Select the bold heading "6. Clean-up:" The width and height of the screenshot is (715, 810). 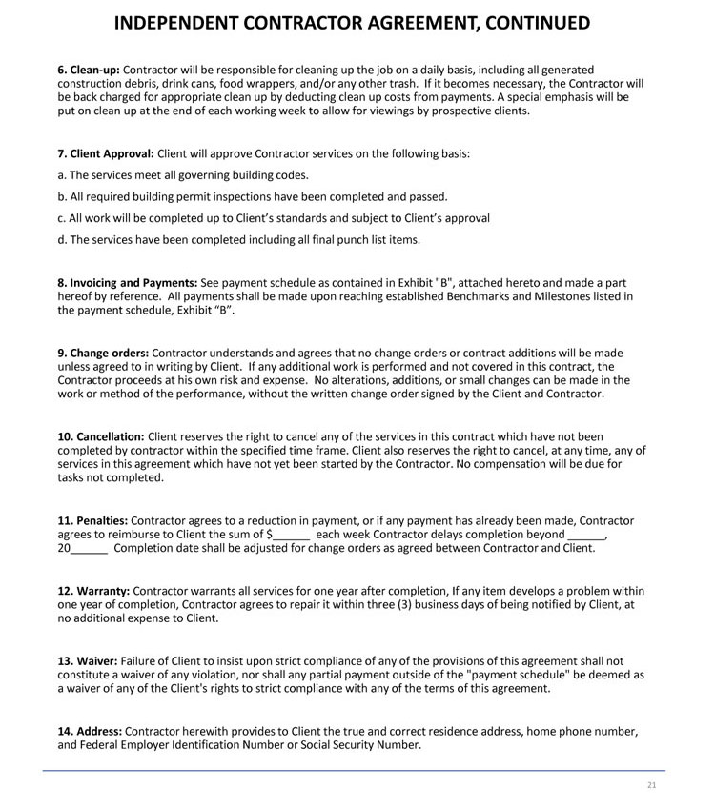click(89, 71)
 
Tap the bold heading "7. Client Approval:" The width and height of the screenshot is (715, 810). click(105, 153)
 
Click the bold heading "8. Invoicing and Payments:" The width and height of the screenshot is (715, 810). click(127, 283)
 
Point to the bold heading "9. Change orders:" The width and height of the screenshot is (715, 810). click(103, 354)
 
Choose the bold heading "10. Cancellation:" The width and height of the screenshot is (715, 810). click(101, 436)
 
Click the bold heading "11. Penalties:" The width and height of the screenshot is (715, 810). click(92, 521)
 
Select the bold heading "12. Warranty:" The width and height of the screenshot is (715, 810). click(93, 591)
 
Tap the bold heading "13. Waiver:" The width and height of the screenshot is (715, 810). click(88, 660)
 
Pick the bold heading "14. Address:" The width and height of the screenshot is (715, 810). click(90, 732)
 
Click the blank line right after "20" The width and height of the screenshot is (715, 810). click(90, 550)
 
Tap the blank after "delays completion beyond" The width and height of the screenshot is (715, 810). click(585, 537)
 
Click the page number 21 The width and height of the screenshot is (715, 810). click(652, 785)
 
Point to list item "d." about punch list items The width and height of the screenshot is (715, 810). click(238, 239)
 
